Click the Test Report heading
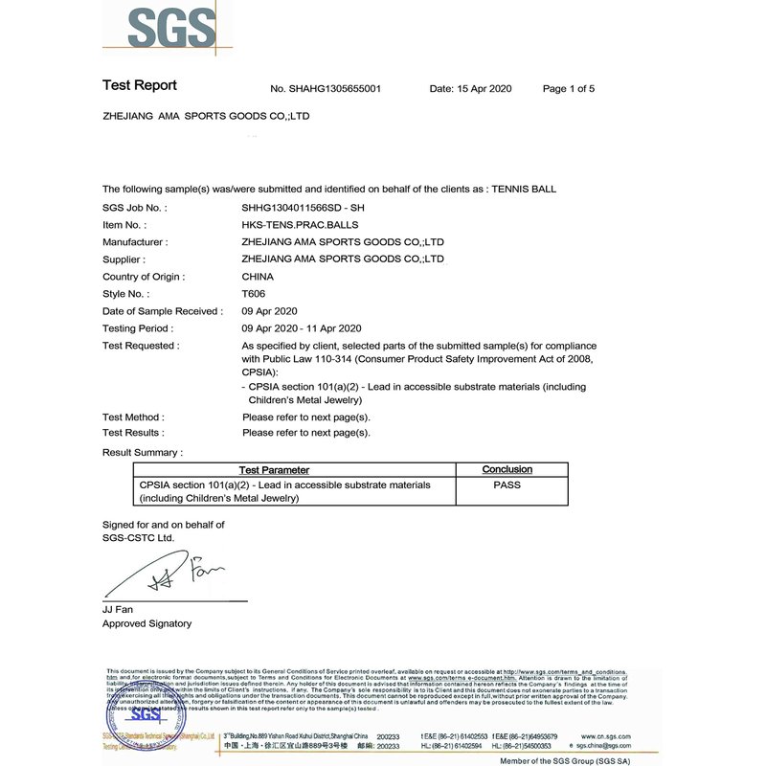click(x=140, y=86)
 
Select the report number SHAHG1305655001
click(x=327, y=89)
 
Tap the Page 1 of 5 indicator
click(x=569, y=89)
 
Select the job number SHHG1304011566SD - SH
click(x=304, y=207)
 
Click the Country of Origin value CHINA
click(x=258, y=277)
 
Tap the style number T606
click(x=255, y=294)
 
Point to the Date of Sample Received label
click(x=162, y=311)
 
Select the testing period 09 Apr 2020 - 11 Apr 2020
click(x=301, y=328)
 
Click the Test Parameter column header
click(x=274, y=470)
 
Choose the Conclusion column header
click(x=507, y=469)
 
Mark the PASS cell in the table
click(x=507, y=485)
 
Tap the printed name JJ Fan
click(x=119, y=609)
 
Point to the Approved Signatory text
click(x=146, y=623)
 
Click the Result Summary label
click(x=142, y=452)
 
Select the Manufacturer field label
click(x=135, y=242)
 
